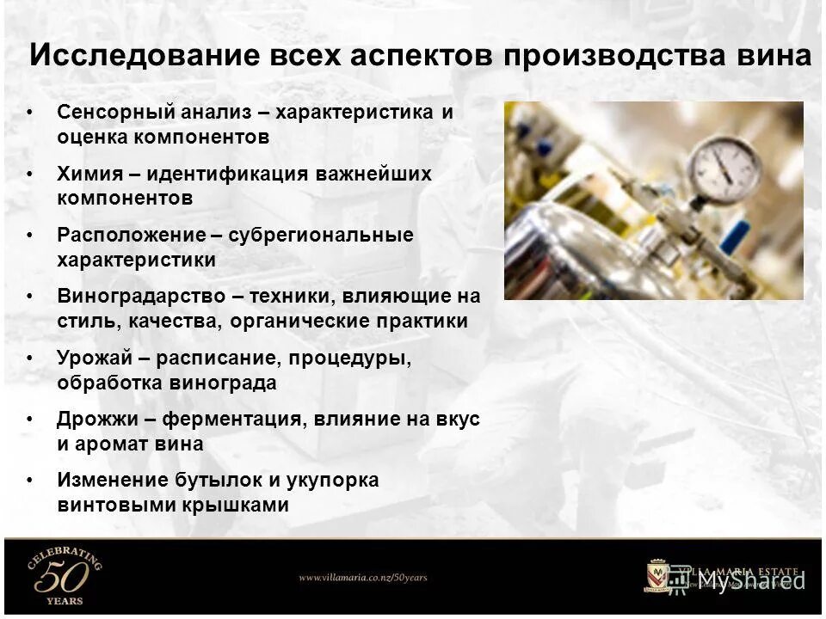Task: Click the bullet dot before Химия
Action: pos(31,174)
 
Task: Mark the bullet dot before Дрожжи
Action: pos(31,420)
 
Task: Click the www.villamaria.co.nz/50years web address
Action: pos(362,578)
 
